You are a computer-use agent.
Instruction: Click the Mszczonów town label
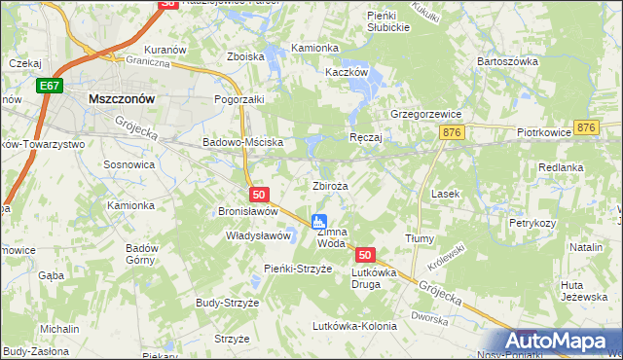[x=123, y=98]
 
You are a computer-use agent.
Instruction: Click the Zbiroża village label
[x=329, y=186]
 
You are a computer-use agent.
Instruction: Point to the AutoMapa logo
[x=559, y=342]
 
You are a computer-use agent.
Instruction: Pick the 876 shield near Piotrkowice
[x=585, y=128]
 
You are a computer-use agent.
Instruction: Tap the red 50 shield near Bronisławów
[x=257, y=196]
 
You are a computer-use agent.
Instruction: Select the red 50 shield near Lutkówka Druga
[x=365, y=255]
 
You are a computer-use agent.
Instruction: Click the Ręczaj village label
[x=365, y=138]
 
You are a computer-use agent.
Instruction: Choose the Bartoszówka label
[x=507, y=61]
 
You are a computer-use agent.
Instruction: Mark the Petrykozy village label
[x=531, y=223]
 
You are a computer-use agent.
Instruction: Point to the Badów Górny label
[x=142, y=254]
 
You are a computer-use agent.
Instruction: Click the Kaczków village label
[x=347, y=72]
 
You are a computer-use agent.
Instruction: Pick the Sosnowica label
[x=129, y=164]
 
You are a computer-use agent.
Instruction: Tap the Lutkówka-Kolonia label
[x=354, y=326]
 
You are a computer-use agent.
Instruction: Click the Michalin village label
[x=59, y=330]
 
